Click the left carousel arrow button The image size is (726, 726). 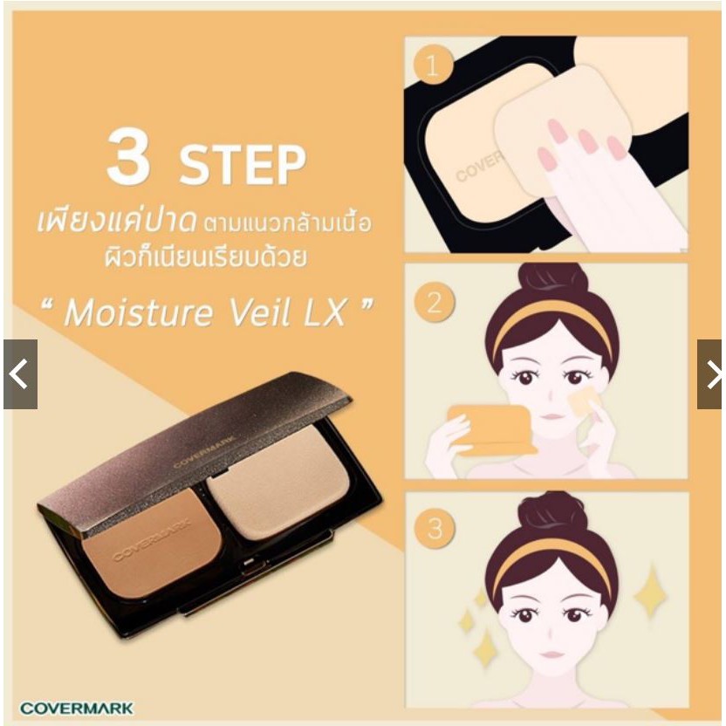pos(20,374)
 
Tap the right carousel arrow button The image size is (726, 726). pos(709,374)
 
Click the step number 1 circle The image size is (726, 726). pos(433,65)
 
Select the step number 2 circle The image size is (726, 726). pos(435,304)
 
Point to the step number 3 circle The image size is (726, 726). pos(435,528)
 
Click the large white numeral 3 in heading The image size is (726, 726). pos(128,156)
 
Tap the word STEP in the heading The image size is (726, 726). pos(243,165)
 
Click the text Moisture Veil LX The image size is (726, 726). pos(207,312)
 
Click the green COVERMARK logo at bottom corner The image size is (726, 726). pos(77,708)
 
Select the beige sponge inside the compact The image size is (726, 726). pos(277,482)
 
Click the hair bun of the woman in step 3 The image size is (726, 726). pos(552,511)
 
